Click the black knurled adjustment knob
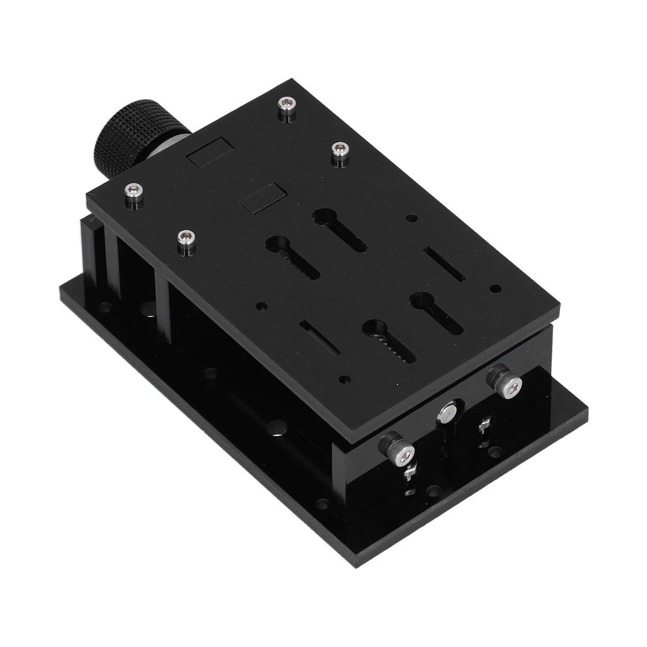pos(130,136)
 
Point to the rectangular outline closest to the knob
pos(210,152)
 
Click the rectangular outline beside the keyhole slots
pos(263,198)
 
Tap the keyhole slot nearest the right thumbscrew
pos(436,312)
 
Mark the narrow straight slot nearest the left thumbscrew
pos(319,337)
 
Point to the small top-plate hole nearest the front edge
pos(344,380)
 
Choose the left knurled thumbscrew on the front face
pos(397,449)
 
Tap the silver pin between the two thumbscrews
pos(448,413)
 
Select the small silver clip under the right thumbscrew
pos(485,425)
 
